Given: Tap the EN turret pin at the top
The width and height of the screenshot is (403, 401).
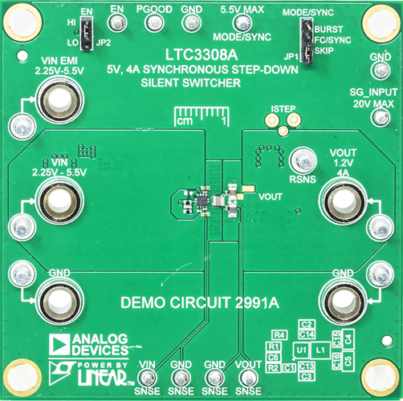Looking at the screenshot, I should coord(116,26).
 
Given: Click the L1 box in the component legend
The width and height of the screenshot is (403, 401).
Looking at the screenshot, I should coord(320,350).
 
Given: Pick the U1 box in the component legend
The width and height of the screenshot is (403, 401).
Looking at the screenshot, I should coord(299,350).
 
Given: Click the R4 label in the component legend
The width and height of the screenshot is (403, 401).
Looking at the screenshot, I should coord(279,334).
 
